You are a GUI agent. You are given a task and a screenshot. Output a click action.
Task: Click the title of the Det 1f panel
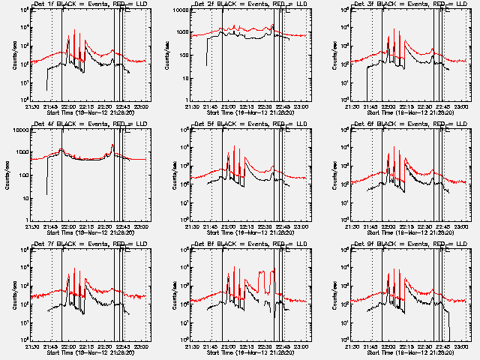[x=83, y=5]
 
